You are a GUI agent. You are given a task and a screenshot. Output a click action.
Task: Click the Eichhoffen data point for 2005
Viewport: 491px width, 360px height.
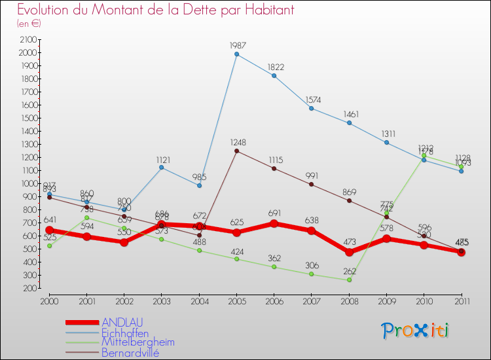pyautogui.click(x=236, y=54)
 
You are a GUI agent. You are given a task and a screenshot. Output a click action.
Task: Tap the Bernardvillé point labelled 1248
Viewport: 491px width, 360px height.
pyautogui.click(x=236, y=151)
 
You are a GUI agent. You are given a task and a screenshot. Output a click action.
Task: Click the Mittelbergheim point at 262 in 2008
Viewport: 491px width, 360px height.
pyautogui.click(x=349, y=280)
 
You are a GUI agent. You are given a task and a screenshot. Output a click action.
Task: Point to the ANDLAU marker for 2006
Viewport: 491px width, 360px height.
pyautogui.click(x=274, y=224)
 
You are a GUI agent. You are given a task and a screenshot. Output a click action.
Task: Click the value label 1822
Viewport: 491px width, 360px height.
pyautogui.click(x=276, y=67)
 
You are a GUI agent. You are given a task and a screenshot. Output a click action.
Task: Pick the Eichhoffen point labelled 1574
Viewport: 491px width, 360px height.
pyautogui.click(x=312, y=108)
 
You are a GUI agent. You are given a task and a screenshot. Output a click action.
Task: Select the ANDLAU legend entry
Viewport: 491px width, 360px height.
pyautogui.click(x=122, y=322)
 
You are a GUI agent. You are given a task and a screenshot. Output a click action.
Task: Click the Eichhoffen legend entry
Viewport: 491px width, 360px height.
pyautogui.click(x=125, y=333)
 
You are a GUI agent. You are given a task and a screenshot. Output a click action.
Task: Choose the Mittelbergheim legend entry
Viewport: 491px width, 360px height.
pyautogui.click(x=137, y=342)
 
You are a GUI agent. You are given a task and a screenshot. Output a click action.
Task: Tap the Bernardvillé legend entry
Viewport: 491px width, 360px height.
pyautogui.click(x=130, y=353)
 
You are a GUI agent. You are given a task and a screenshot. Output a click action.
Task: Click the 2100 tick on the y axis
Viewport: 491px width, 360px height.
pyautogui.click(x=27, y=40)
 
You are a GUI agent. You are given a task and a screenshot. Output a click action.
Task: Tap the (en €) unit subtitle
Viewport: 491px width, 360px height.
pyautogui.click(x=29, y=24)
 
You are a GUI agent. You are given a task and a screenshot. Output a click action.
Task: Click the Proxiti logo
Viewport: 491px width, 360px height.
pyautogui.click(x=416, y=331)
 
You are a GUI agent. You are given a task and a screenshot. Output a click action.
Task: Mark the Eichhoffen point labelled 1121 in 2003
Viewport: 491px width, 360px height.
pyautogui.click(x=162, y=168)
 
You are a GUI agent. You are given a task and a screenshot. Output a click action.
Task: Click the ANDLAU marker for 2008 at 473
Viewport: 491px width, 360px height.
pyautogui.click(x=349, y=252)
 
